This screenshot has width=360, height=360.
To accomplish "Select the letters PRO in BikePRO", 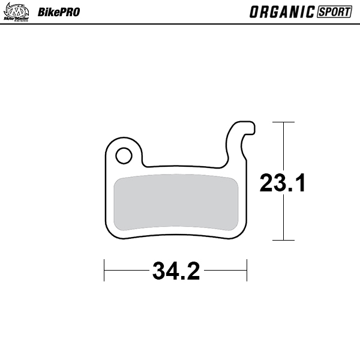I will click(68, 12).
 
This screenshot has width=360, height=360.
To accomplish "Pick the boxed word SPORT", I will click(334, 12).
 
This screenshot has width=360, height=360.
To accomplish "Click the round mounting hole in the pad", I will click(124, 156).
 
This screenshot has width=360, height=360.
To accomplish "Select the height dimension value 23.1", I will click(283, 182).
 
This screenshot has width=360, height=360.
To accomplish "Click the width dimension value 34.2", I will click(176, 271).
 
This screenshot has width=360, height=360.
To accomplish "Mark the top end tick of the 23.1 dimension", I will click(283, 122).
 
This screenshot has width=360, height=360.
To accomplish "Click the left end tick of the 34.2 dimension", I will click(105, 270).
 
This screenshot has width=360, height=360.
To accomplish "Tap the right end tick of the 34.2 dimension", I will click(247, 270).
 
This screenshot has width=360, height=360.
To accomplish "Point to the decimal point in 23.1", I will click(291, 191).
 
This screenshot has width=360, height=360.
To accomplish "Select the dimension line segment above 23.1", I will click(283, 147).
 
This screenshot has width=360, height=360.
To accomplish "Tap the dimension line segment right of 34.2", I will click(225, 270).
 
